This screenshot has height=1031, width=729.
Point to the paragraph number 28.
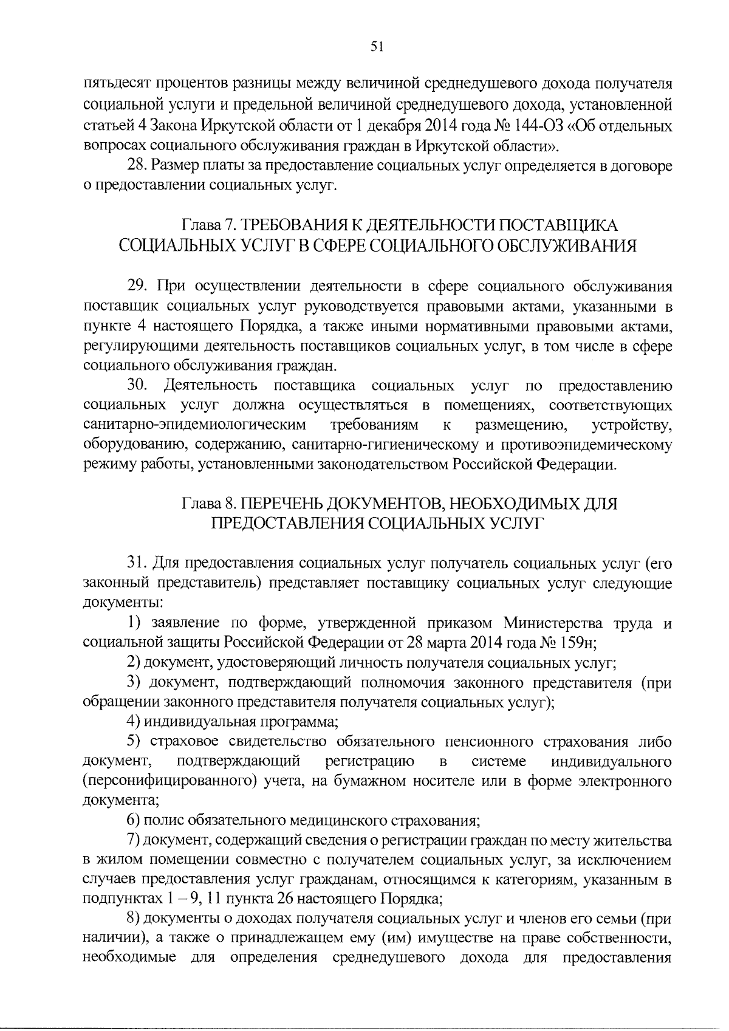tap(137, 165)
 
